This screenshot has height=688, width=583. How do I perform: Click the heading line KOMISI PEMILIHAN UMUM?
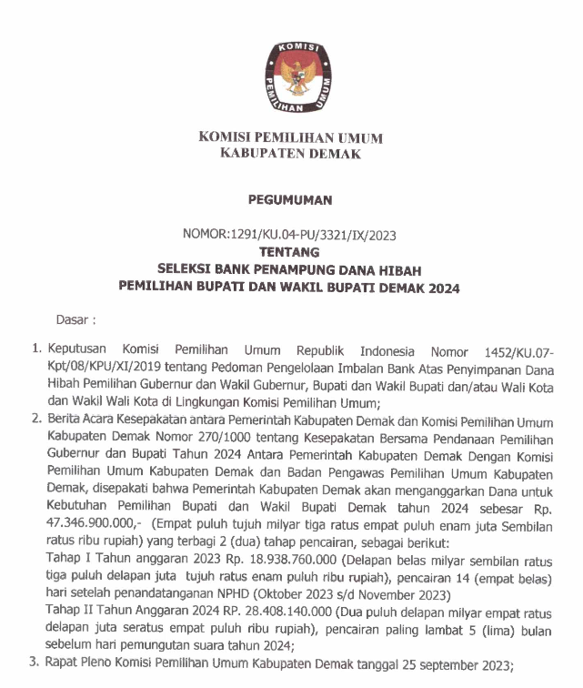point(291,138)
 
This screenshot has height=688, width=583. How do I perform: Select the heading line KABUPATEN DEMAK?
point(291,155)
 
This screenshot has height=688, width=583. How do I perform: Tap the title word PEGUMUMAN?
point(291,200)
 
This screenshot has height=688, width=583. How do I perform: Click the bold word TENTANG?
point(290,251)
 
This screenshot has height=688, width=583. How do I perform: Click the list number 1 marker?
point(37,350)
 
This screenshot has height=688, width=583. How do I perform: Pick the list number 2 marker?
point(37,420)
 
